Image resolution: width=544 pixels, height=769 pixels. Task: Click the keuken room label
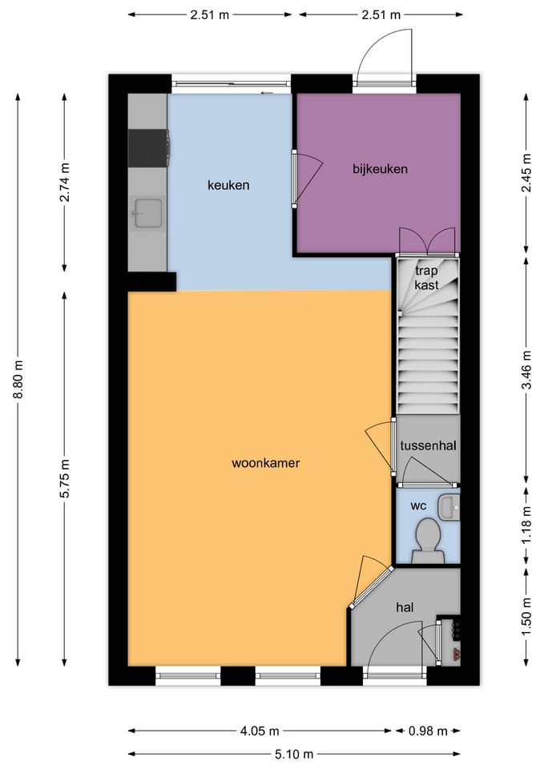point(228,185)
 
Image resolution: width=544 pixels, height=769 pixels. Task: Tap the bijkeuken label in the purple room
point(381,169)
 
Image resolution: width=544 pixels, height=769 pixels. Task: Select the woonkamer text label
point(265,463)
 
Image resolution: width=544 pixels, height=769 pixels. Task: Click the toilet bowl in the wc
point(427,539)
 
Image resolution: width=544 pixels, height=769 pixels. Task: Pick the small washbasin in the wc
point(449,507)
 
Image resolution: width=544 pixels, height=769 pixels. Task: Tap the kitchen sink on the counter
point(147,213)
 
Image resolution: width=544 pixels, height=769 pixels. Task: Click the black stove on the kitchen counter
point(148,148)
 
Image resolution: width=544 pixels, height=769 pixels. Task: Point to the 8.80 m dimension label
point(19,380)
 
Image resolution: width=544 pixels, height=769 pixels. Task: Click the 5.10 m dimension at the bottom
point(294,754)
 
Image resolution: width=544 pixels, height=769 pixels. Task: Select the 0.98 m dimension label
point(428,731)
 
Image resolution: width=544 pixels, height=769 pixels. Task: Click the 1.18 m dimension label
point(526,524)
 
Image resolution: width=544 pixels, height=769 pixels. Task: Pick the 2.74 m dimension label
point(65,182)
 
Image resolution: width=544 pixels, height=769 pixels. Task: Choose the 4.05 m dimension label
point(260,731)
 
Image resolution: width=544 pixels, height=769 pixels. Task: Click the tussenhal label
point(429,445)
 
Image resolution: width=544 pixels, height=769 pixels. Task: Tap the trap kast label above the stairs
point(427,278)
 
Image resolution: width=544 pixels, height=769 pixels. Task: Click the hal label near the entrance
point(405,608)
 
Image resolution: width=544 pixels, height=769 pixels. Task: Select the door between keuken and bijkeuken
point(307,178)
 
